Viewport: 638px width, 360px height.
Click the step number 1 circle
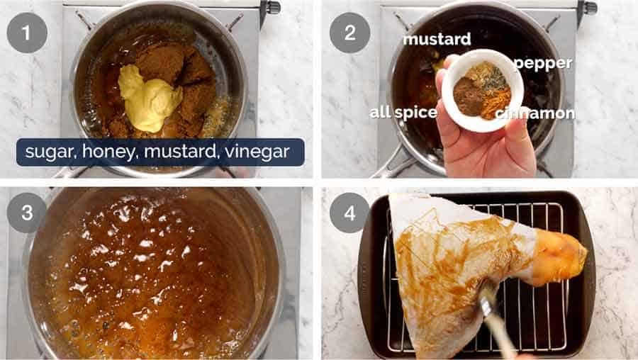(27, 33)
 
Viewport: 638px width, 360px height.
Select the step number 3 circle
(27, 213)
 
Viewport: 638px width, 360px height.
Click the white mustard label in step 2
(437, 39)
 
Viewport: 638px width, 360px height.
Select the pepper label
(543, 63)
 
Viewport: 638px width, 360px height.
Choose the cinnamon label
(535, 113)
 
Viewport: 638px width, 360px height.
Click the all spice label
(403, 113)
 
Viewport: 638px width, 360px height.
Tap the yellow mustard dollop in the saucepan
(148, 98)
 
